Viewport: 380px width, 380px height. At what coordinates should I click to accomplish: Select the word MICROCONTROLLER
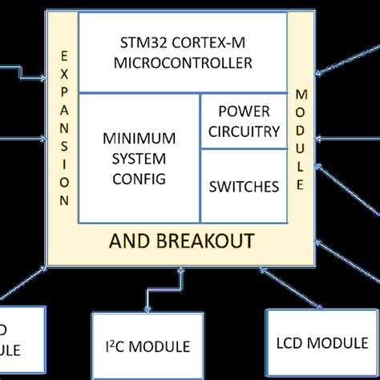tap(183, 63)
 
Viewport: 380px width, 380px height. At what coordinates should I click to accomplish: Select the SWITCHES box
tap(244, 187)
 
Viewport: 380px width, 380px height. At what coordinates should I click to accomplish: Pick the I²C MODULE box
tap(146, 346)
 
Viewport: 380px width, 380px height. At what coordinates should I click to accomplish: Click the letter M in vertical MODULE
tap(301, 95)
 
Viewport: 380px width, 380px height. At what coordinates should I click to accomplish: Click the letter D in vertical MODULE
tap(301, 131)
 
